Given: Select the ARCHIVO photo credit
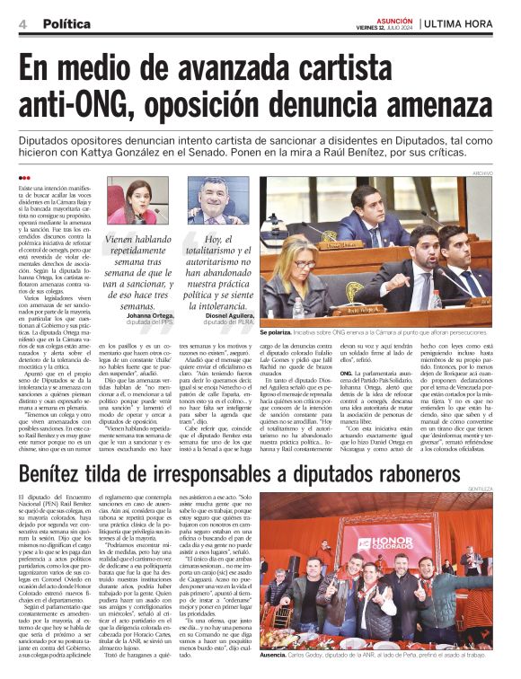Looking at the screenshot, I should click(507, 172).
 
